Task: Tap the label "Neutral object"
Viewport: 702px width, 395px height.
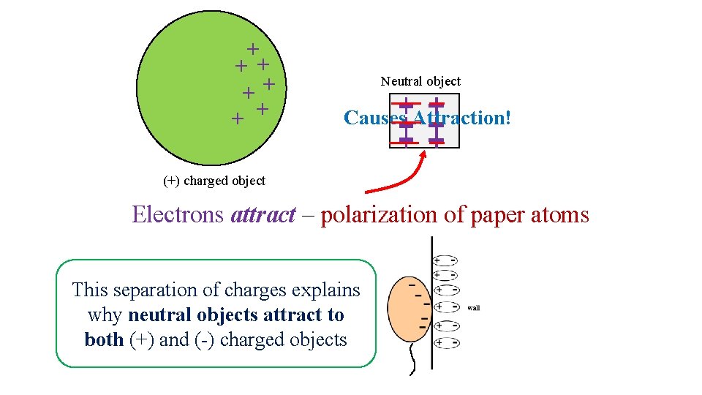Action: (420, 81)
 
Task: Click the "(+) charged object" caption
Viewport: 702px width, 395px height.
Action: (214, 181)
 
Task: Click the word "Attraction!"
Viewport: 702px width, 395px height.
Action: (462, 118)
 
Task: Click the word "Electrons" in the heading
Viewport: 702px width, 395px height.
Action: (178, 215)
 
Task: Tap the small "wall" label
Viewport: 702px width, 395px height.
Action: (473, 308)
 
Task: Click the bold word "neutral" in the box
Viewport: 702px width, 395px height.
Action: (155, 315)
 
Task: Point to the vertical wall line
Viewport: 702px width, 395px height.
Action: (432, 307)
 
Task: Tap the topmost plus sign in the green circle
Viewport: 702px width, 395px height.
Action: (252, 49)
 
